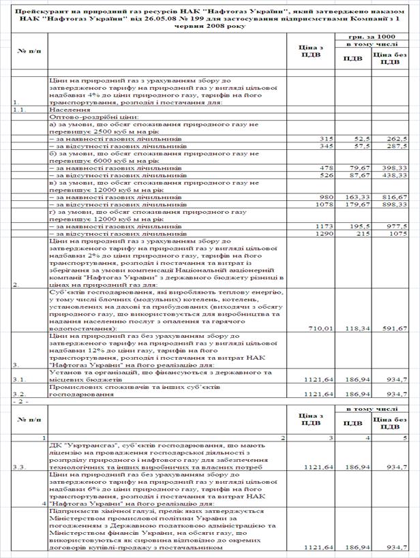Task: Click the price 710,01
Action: [x=318, y=328]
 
